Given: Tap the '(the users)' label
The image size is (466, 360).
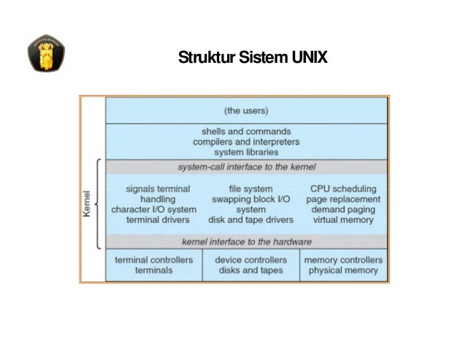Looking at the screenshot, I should coord(245,111).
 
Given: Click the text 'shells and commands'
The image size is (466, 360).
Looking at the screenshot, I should coord(245,131).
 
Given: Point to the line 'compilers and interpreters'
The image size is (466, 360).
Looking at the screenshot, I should coord(245,142).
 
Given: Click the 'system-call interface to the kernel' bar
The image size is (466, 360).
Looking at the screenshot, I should coord(246,167).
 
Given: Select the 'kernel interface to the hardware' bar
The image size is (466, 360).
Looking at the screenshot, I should coord(246,242).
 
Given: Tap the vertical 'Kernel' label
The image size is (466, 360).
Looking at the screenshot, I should coord(88,204).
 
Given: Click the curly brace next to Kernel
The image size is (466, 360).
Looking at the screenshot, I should coord(99,204).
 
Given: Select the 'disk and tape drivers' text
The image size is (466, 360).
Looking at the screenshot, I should coord(251,219).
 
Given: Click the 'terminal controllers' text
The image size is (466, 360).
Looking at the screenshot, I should coord(154,259).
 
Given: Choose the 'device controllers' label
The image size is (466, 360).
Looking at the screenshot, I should coord(251,259).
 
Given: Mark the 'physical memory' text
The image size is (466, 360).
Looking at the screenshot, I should coord(343,270).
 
